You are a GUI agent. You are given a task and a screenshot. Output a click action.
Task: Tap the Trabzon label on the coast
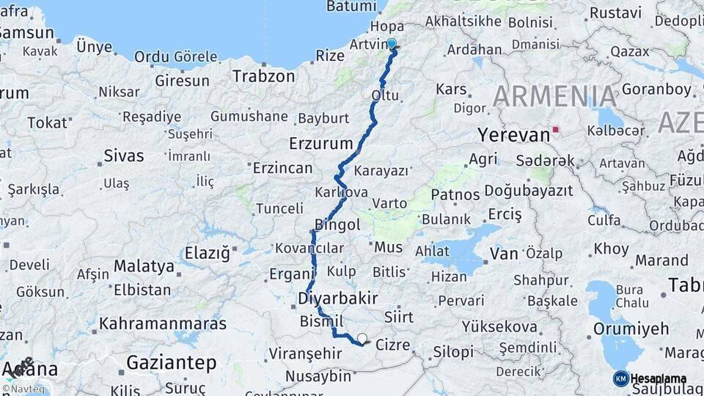(x=263, y=76)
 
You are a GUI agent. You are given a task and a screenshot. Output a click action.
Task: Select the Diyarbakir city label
(x=338, y=298)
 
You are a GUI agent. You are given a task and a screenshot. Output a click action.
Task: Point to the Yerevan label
(x=513, y=135)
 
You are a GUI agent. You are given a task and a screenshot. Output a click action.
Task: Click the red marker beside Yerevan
(x=556, y=130)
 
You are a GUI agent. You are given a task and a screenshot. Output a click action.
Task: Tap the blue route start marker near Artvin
(x=392, y=44)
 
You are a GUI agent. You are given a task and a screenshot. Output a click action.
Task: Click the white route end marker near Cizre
(x=362, y=339)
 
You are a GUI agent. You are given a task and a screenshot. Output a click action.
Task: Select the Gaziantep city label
(x=172, y=362)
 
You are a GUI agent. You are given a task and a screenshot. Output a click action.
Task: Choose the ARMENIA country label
(x=556, y=96)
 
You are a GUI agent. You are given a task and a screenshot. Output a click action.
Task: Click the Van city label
(x=504, y=254)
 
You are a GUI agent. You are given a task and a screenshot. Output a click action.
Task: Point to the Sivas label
(x=123, y=155)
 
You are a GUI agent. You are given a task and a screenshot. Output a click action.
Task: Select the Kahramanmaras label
(x=163, y=323)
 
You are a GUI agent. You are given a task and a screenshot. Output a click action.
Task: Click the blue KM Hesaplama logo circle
(x=621, y=378)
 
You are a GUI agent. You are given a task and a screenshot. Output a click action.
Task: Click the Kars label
(x=451, y=89)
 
